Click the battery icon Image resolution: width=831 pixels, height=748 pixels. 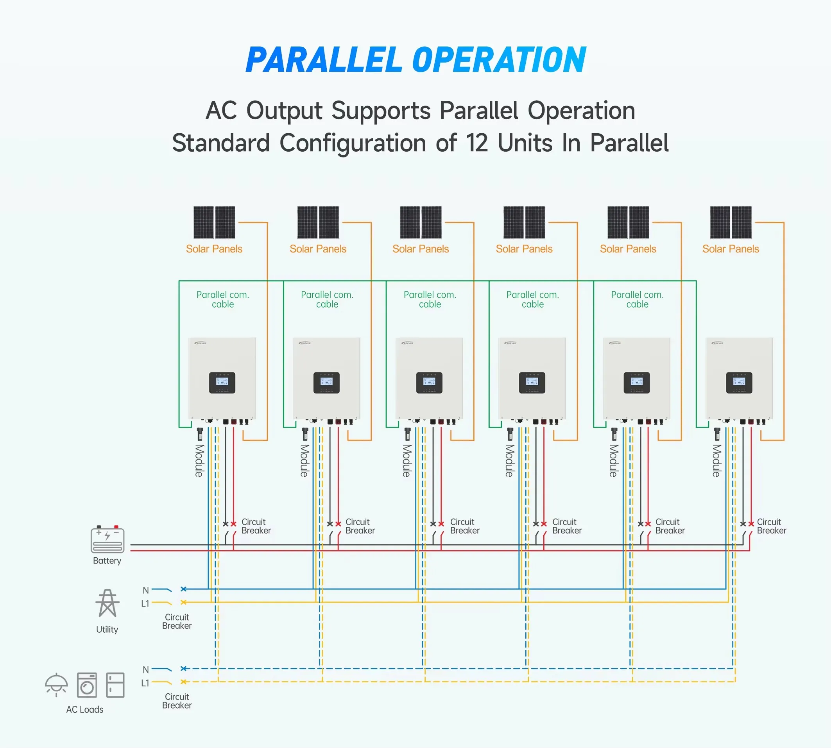point(107,539)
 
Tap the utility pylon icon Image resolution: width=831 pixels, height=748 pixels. point(107,603)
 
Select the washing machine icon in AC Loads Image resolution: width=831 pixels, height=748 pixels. point(87,685)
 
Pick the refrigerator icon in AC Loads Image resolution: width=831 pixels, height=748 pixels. point(115,685)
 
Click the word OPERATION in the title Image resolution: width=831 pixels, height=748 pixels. point(499,60)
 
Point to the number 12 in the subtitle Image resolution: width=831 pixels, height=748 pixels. point(477,143)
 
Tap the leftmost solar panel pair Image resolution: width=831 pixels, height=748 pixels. point(214,222)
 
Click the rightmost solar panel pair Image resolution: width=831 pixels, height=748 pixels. point(731,222)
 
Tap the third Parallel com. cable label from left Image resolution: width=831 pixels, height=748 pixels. point(430,299)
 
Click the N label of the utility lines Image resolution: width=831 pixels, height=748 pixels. point(145,590)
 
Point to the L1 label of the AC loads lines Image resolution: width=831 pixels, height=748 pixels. point(145,683)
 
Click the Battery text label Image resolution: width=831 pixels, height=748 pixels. point(107,560)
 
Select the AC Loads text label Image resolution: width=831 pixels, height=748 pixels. point(85,709)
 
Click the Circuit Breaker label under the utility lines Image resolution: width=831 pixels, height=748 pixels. point(177,621)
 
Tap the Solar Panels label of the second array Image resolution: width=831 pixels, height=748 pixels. point(318,249)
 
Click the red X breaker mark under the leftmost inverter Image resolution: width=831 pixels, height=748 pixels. point(233,524)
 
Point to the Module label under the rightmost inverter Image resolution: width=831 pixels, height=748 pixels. point(716,460)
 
